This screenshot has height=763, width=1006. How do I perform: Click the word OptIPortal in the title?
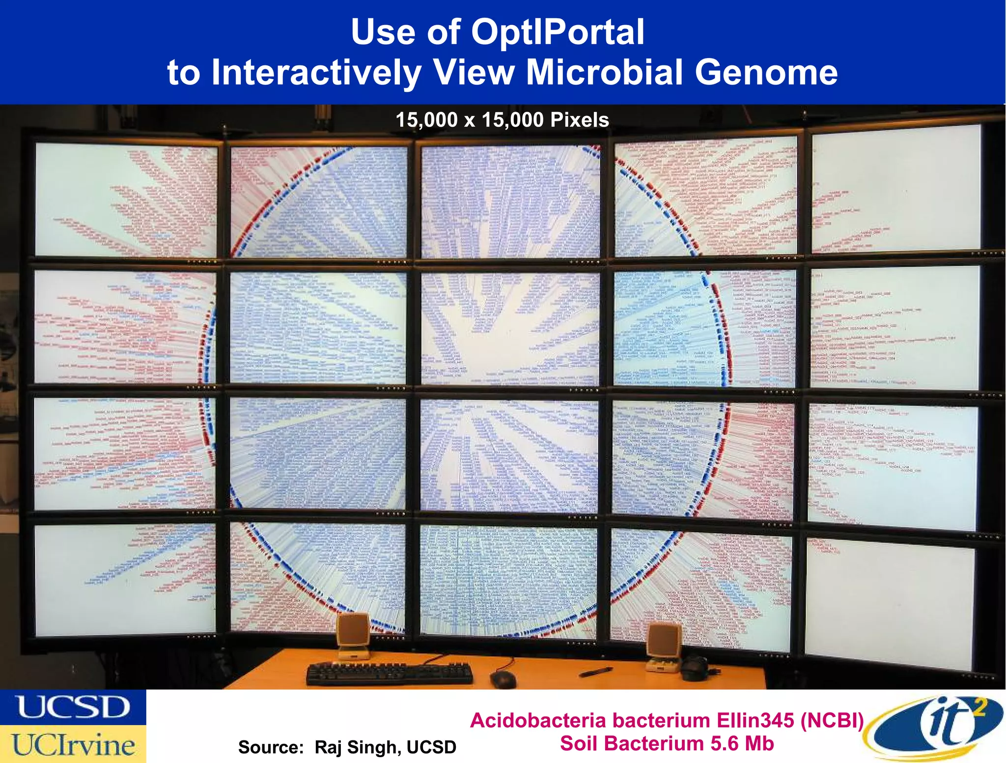tap(558, 32)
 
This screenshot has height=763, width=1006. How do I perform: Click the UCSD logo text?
tap(73, 707)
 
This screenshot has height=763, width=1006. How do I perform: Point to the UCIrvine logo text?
tap(73, 744)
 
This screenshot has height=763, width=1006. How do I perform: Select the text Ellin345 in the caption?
tap(755, 721)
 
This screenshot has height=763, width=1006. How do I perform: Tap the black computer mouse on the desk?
tap(503, 680)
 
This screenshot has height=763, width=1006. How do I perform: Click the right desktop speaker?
tap(664, 644)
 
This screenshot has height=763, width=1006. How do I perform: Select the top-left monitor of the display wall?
tap(126, 199)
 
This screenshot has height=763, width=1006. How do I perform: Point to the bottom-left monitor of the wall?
tap(125, 579)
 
